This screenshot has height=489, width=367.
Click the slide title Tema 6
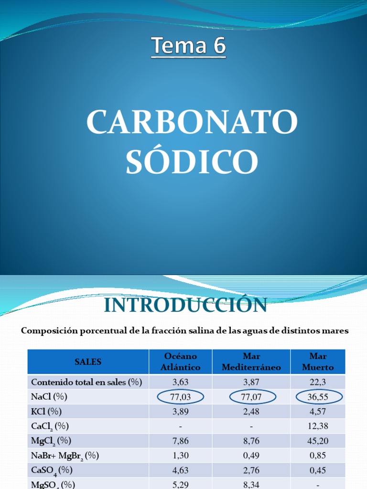tap(188, 47)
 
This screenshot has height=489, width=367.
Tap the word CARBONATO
tap(192, 122)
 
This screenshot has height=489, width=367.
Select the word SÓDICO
tap(192, 161)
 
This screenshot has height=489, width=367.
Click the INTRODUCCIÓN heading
tap(185, 305)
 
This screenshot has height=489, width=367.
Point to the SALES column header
tap(88, 361)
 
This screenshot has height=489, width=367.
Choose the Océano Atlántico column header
tap(181, 361)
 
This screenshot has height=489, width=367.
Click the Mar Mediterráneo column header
tap(251, 361)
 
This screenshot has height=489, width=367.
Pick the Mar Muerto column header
tap(318, 361)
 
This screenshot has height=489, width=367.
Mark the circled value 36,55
tap(318, 397)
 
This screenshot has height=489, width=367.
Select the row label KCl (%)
tap(46, 411)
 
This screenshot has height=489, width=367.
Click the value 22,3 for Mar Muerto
tap(318, 382)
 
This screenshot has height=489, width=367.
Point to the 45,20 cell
tap(318, 441)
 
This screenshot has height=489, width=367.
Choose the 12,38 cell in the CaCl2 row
tap(318, 426)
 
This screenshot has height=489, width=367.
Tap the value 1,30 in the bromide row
tap(181, 456)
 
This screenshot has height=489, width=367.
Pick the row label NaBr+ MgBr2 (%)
tap(65, 456)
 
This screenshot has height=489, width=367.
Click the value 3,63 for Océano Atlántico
tap(181, 382)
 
